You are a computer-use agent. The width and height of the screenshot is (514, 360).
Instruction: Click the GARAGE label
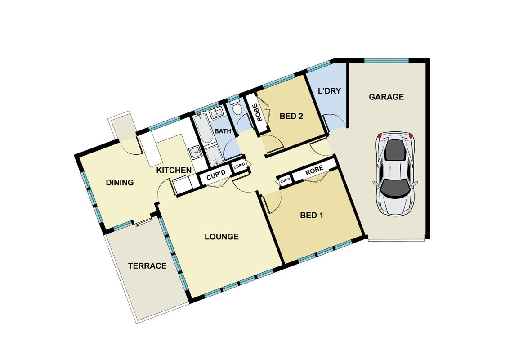click(386, 97)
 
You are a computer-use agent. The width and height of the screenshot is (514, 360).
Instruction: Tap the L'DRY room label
click(330, 90)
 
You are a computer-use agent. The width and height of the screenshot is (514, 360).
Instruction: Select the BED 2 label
click(291, 116)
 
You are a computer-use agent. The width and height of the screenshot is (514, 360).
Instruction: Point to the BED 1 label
click(312, 215)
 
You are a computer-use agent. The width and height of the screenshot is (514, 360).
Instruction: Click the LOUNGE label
click(222, 237)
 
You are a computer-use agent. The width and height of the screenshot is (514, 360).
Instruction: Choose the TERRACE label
click(147, 265)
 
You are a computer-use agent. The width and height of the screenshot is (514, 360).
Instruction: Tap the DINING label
click(120, 182)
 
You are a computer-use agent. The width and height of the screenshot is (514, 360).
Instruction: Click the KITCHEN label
click(174, 170)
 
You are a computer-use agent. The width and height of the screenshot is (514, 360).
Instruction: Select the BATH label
click(223, 131)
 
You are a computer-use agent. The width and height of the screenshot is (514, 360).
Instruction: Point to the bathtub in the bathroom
click(201, 128)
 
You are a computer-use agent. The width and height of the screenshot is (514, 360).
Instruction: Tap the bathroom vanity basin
click(216, 113)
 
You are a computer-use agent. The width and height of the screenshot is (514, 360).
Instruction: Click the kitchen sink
click(196, 152)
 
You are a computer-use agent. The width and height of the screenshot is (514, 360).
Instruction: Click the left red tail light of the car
click(380, 136)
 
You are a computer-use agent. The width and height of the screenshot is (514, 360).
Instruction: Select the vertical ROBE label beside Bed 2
click(260, 113)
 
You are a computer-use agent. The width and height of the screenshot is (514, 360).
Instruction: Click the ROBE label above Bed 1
click(314, 170)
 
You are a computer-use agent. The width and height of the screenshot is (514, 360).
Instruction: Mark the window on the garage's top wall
click(386, 61)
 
